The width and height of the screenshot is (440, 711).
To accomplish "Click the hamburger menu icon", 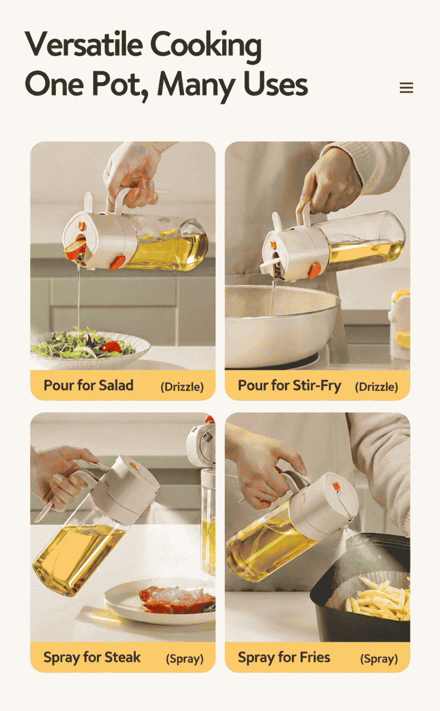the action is tap(406, 87).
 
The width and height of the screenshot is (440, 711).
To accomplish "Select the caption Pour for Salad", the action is tap(89, 385).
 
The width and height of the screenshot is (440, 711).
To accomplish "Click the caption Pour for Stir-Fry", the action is tap(290, 386).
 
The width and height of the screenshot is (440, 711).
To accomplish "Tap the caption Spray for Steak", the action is tap(92, 658).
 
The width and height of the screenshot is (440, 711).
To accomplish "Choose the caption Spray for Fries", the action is tap(284, 658).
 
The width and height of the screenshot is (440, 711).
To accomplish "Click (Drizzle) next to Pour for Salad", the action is tap(182, 387).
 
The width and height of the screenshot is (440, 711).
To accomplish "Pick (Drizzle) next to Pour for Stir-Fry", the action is tap(376, 387).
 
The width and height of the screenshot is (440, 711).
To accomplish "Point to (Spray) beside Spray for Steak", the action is tap(184, 659).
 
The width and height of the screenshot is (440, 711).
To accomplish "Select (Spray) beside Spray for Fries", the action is tap(379, 659).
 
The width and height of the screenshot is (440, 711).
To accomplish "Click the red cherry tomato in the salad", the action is tap(111, 347).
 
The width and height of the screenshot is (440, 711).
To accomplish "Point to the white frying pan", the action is tap(280, 327).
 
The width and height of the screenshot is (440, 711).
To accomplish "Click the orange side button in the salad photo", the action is tap(117, 263).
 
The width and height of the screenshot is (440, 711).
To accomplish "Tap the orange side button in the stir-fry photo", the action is tap(314, 271).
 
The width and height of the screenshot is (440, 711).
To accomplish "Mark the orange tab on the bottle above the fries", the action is tap(336, 486).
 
